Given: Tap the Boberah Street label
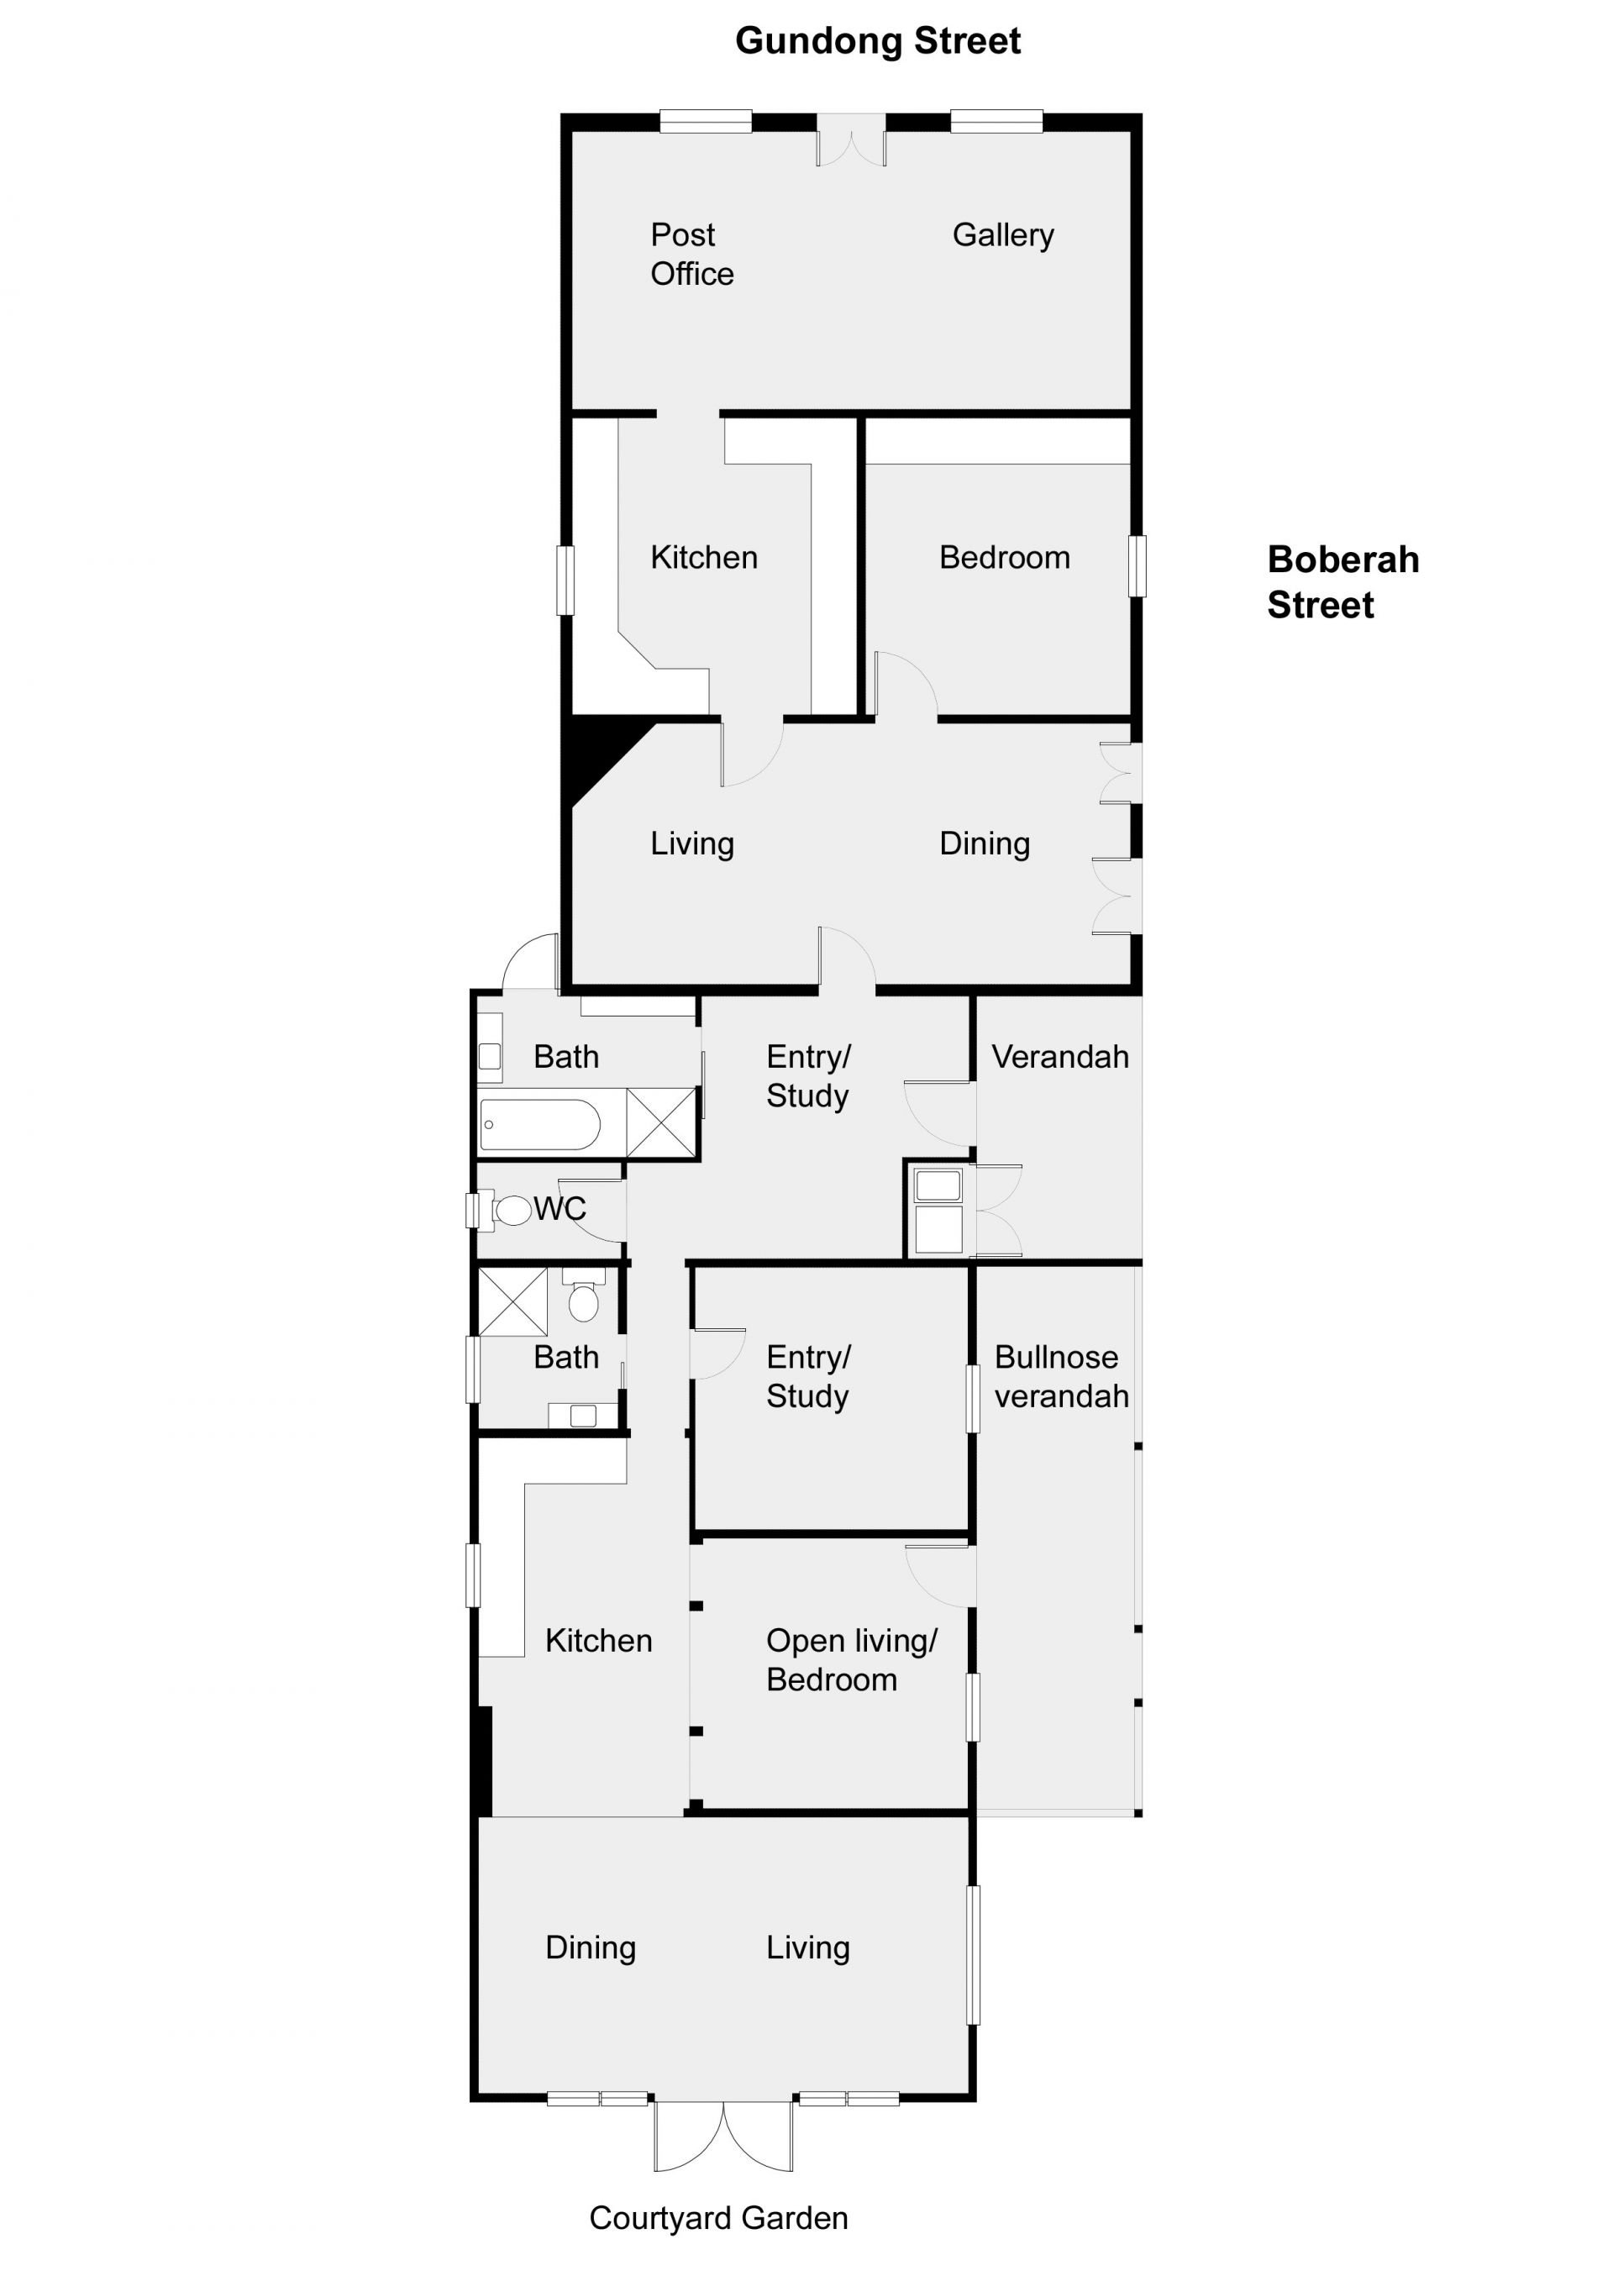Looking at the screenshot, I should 1342,582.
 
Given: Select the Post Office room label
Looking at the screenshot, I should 691,255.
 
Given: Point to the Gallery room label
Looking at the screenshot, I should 1002,235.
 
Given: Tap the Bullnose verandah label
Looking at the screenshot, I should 1061,1376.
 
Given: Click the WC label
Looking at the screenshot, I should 560,1209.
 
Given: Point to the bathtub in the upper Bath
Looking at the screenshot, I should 539,1125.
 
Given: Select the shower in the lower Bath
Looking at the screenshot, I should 512,1301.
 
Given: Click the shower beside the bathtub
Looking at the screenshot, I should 661,1122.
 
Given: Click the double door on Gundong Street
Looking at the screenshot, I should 851,139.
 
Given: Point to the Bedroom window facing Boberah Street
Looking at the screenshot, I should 1138,566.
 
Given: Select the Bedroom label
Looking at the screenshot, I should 1004,559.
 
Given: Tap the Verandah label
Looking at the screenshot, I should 1059,1057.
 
